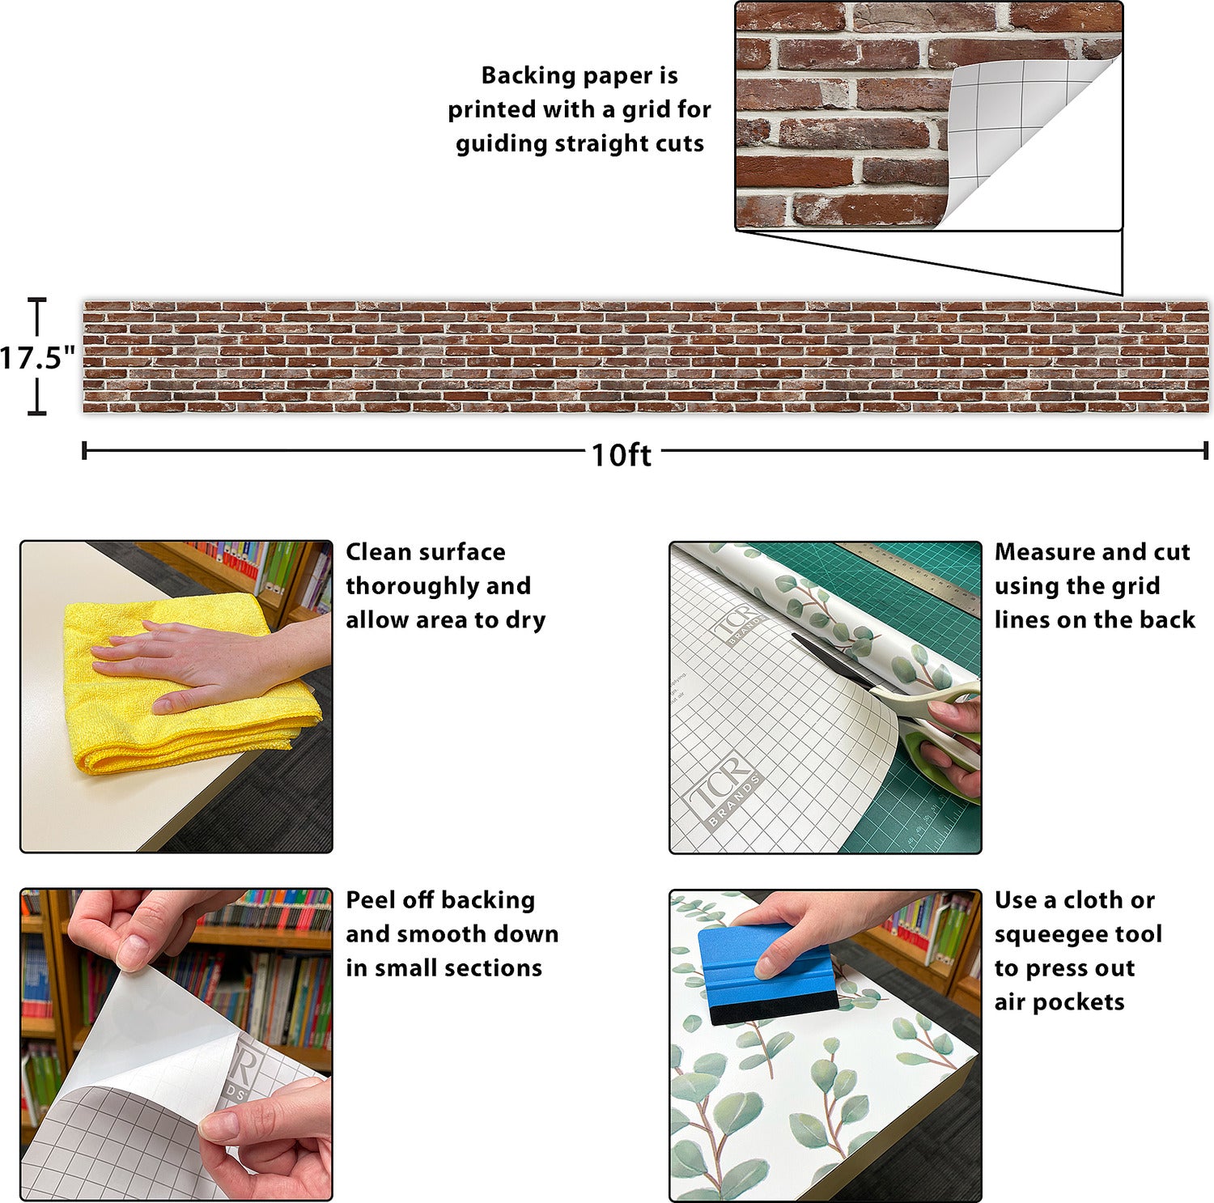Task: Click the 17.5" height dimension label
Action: pyautogui.click(x=37, y=357)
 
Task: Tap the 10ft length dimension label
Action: pyautogui.click(x=621, y=454)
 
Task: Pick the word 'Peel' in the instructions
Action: pyautogui.click(x=371, y=899)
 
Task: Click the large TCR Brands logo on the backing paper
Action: pyautogui.click(x=723, y=789)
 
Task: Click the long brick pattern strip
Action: pyautogui.click(x=646, y=357)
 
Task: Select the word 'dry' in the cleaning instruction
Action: pyautogui.click(x=525, y=621)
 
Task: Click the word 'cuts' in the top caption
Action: pyautogui.click(x=680, y=144)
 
